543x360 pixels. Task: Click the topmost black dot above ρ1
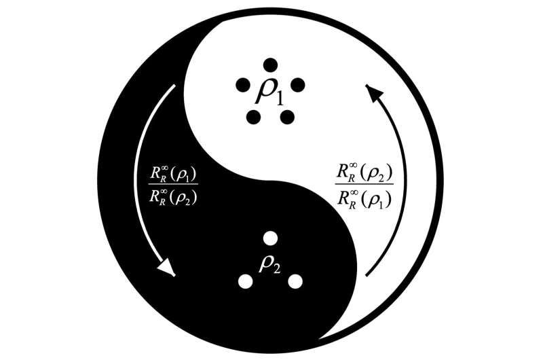pos(270,65)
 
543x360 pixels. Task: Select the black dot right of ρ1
pos(297,86)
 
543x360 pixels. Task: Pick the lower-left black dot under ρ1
pos(253,116)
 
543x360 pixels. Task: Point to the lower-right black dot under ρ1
pos(287,116)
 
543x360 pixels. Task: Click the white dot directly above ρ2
pos(270,238)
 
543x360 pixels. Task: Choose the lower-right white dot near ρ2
pos(296,281)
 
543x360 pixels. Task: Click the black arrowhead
pos(372,91)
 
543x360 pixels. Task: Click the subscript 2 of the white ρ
pos(276,267)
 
